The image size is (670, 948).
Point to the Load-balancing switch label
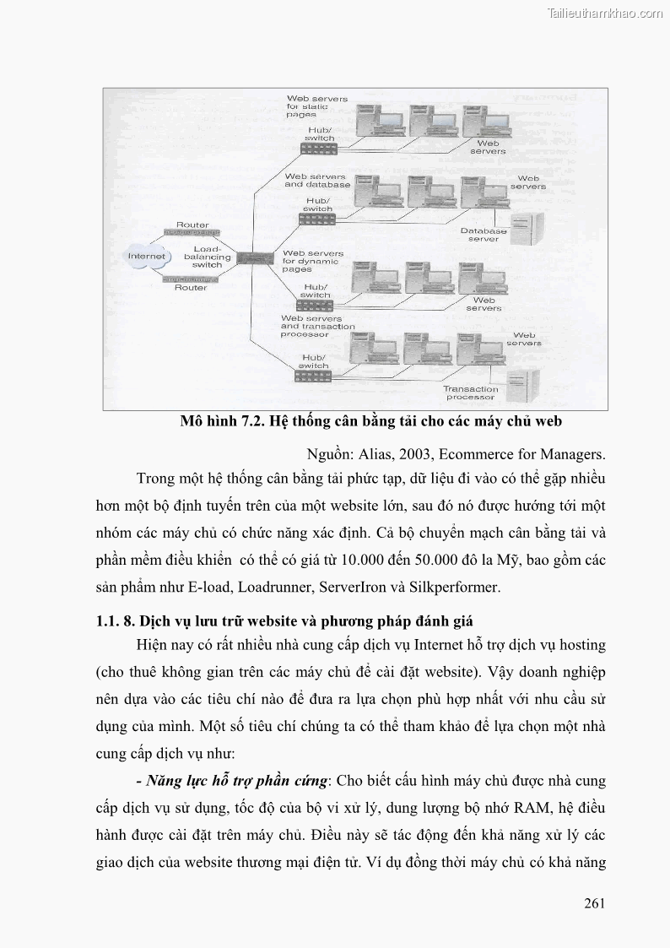tap(207, 257)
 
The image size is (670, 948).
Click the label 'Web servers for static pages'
tap(316, 106)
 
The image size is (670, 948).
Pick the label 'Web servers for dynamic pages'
tap(312, 261)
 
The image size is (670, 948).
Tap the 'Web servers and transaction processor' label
tap(317, 326)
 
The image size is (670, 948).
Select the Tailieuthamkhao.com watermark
tap(606, 13)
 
